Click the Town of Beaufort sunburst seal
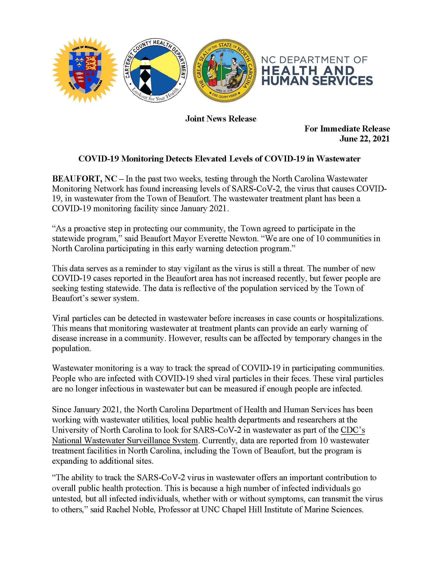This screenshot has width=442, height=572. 84,70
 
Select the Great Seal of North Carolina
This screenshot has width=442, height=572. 224,71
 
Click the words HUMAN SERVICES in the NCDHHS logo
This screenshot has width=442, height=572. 317,80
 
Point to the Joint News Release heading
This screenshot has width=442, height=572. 221,119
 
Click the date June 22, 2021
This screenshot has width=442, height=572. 364,138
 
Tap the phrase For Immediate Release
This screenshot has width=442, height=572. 347,128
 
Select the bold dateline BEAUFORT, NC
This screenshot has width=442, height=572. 84,179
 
